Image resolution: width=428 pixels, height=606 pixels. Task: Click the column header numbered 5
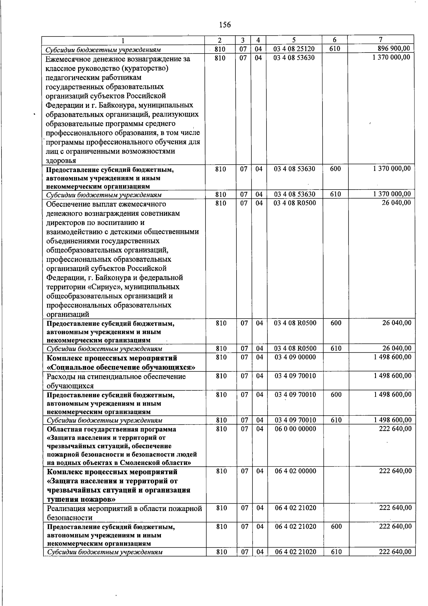click(x=294, y=40)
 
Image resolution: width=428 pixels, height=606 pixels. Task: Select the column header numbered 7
click(x=381, y=40)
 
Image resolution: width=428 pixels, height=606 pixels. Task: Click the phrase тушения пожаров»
click(x=81, y=499)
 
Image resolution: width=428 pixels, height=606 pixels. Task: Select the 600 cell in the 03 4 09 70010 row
click(x=335, y=395)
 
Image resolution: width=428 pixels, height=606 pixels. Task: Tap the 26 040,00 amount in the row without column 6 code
click(x=396, y=203)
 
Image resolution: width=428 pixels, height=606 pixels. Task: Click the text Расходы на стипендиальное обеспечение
click(x=116, y=376)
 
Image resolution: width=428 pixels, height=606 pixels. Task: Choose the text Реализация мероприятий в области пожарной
click(x=124, y=508)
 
